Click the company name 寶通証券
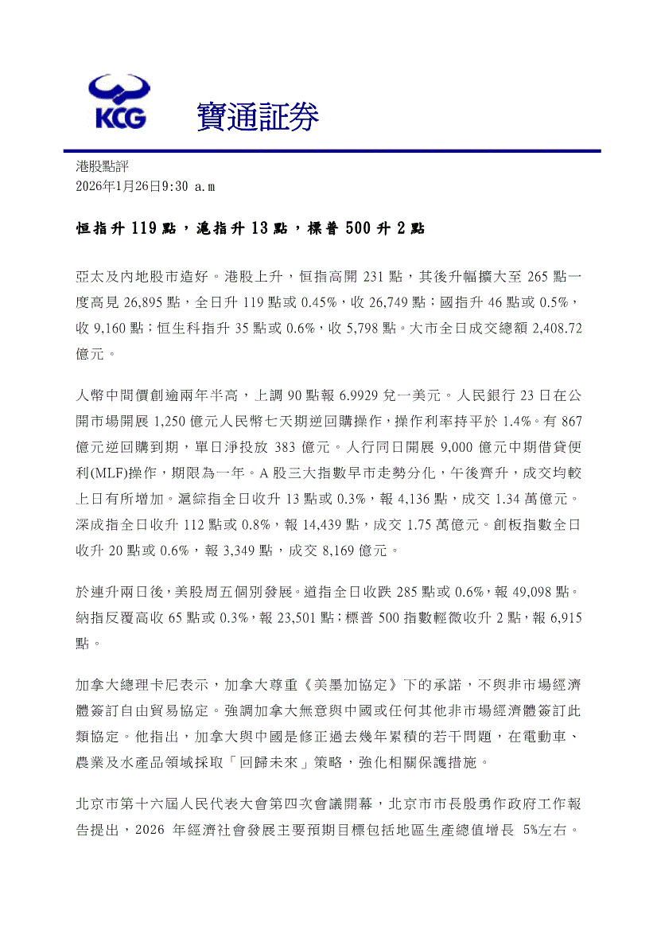[257, 118]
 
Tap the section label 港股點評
[101, 166]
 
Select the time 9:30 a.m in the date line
[188, 186]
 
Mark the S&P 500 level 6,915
[563, 617]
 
